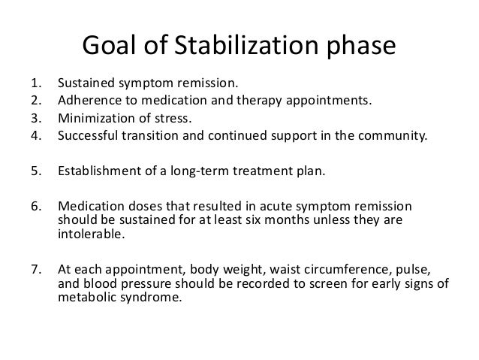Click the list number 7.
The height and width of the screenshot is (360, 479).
35,270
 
